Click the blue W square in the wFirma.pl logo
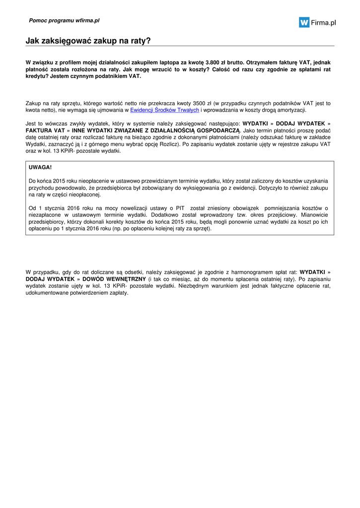[x=304, y=22]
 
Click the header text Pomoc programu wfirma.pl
[x=64, y=21]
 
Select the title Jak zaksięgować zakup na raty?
[x=88, y=41]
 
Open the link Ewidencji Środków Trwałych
[x=164, y=110]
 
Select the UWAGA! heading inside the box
[x=40, y=168]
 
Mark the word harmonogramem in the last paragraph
[x=254, y=272]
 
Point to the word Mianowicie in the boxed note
[x=315, y=215]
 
